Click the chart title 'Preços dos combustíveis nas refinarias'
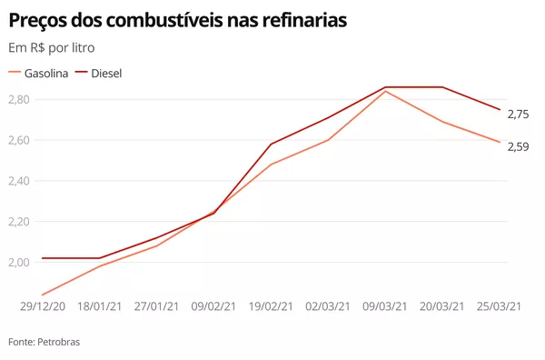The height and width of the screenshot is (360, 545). [177, 19]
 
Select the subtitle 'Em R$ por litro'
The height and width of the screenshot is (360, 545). [51, 47]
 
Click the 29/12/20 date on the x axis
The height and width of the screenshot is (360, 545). [43, 306]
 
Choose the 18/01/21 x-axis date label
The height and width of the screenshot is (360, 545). [100, 306]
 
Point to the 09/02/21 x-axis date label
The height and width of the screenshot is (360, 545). [214, 306]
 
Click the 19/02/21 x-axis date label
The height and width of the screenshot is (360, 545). [272, 306]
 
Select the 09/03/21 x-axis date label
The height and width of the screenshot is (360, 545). [385, 306]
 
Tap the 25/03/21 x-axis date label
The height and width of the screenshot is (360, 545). [499, 306]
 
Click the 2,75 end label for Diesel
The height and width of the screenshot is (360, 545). [518, 114]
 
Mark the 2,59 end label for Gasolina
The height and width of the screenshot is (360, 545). [518, 146]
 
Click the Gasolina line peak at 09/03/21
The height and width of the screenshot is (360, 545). [385, 91]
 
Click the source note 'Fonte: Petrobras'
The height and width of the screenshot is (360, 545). [44, 342]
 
